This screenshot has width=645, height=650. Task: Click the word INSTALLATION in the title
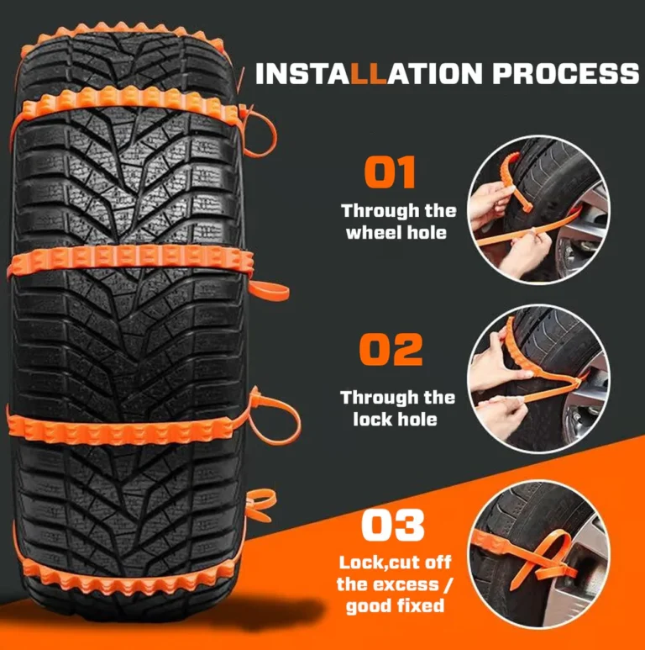(x=369, y=73)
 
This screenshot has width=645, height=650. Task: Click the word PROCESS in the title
(x=566, y=73)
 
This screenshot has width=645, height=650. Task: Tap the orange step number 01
(x=390, y=172)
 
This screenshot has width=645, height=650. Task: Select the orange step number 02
(x=391, y=350)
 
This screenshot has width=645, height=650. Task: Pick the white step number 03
(x=392, y=526)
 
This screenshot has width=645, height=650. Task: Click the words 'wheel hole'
(x=396, y=232)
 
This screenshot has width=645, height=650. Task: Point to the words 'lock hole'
(x=395, y=419)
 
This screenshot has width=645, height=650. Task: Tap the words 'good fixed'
(x=395, y=605)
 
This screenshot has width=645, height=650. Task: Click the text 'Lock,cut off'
(x=395, y=563)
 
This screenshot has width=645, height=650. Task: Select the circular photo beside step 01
(x=538, y=209)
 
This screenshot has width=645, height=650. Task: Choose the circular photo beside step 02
(x=538, y=379)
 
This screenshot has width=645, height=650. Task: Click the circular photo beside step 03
(x=538, y=555)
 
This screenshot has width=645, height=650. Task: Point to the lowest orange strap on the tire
(x=124, y=575)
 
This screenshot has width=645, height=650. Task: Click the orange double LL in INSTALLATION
(x=369, y=73)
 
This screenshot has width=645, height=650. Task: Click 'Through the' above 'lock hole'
(x=397, y=398)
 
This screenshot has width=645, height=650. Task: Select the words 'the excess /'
(x=395, y=584)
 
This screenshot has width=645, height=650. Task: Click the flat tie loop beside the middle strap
(x=268, y=292)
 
